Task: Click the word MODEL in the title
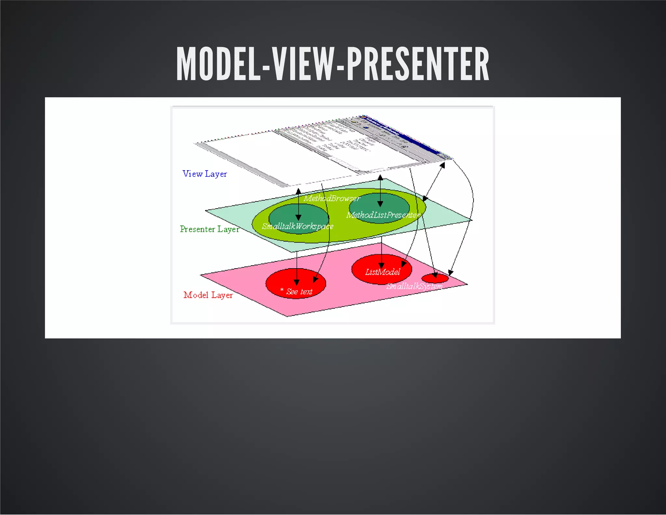(x=218, y=64)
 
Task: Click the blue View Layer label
(x=205, y=174)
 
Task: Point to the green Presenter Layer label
(x=209, y=229)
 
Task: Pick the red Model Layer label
(x=208, y=295)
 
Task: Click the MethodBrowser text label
(x=332, y=198)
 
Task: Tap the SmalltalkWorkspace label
(x=298, y=226)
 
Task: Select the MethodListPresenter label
(x=383, y=215)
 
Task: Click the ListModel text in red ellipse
(x=382, y=272)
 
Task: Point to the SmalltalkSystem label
(x=414, y=286)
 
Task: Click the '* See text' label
(x=296, y=292)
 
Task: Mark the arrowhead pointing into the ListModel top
(x=381, y=266)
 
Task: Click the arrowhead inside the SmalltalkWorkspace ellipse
(x=298, y=217)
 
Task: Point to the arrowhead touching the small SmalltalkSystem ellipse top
(x=435, y=275)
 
